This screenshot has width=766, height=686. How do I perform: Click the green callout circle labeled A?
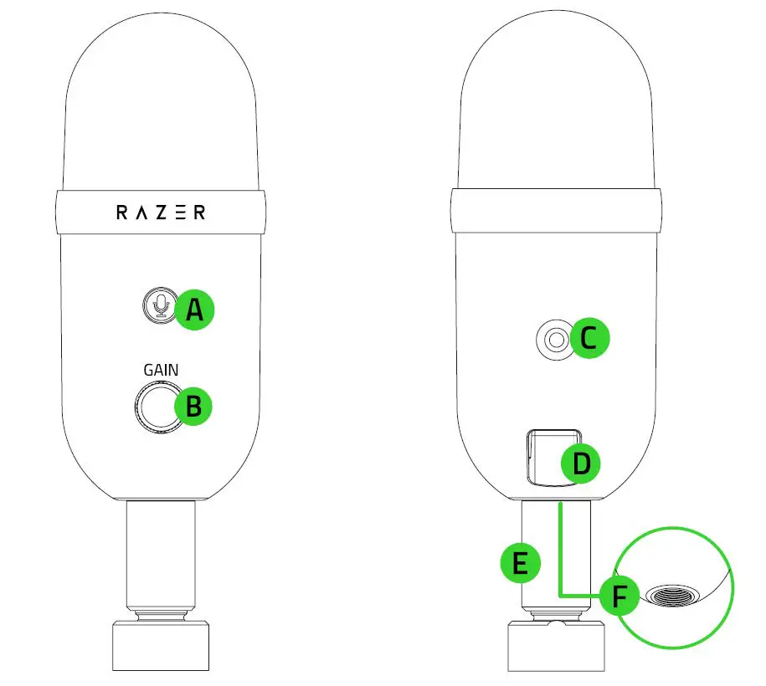click(x=194, y=310)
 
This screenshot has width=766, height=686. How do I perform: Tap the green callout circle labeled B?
click(x=193, y=407)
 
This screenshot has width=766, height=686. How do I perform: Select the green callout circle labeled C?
click(x=589, y=339)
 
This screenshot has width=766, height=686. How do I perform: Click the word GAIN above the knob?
click(x=160, y=369)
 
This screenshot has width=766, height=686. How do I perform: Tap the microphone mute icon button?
click(x=157, y=305)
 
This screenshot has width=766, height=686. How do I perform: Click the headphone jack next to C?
click(x=553, y=340)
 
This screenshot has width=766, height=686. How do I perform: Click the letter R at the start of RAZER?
click(x=121, y=212)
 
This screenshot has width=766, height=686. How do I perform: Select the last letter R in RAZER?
click(x=198, y=212)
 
